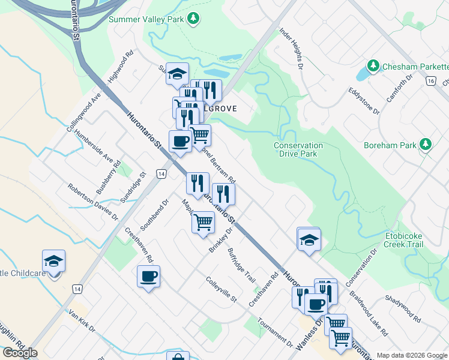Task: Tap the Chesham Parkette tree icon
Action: click(373, 65)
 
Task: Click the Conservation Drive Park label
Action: click(298, 149)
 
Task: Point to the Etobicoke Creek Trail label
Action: click(404, 241)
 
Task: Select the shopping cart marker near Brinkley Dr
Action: click(203, 223)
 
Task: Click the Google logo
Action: click(20, 352)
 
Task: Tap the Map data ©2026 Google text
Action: click(411, 355)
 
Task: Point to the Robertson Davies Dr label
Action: click(92, 205)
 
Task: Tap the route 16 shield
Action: click(430, 81)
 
